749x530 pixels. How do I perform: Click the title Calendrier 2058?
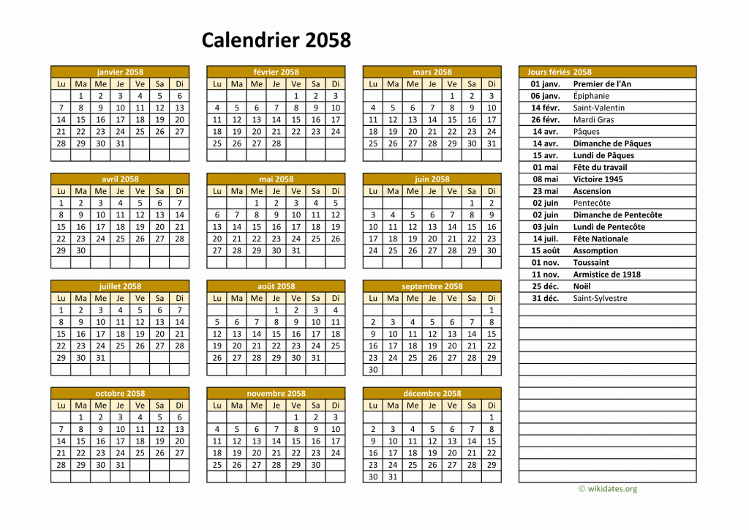[x=276, y=40]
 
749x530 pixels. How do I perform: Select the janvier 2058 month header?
[x=120, y=72]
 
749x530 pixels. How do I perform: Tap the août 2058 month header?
[x=276, y=286]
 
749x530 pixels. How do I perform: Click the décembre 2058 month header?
[x=432, y=393]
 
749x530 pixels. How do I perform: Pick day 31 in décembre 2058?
[x=393, y=477]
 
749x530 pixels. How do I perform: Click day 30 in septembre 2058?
[x=373, y=370]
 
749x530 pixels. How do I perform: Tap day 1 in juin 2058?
[x=472, y=203]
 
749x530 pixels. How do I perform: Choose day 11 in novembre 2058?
[x=217, y=441]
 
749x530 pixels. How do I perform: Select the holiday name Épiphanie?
[x=590, y=96]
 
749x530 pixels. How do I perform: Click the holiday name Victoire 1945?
[x=598, y=179]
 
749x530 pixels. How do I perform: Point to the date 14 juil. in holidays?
[x=546, y=239]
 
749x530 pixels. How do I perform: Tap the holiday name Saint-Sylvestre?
[x=600, y=298]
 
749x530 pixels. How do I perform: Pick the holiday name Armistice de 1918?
[x=607, y=275]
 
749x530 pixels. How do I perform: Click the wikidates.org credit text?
[x=608, y=489]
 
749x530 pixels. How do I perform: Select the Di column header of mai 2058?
[x=335, y=191]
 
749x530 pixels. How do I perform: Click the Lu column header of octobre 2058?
[x=61, y=405]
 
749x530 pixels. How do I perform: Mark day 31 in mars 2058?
[x=492, y=143]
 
